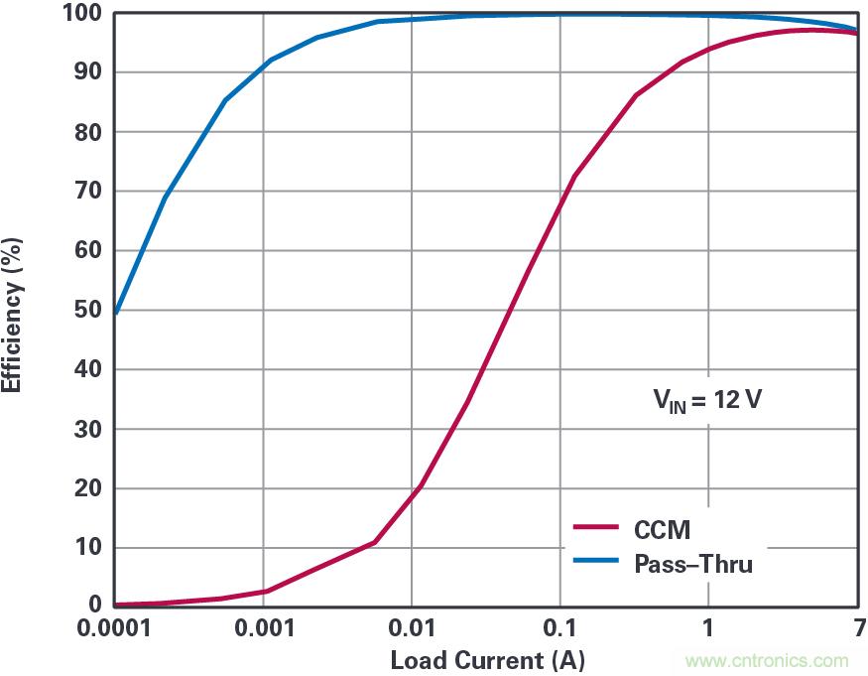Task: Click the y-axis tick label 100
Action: coord(82,13)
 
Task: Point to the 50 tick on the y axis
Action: coord(87,310)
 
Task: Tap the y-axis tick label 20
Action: coord(87,488)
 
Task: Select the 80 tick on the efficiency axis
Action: coord(87,132)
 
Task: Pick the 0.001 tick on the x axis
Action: coord(263,629)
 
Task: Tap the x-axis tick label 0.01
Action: coord(411,629)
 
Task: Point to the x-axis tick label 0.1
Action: coord(559,629)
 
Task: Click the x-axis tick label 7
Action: coord(855,629)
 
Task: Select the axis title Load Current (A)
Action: coord(487,660)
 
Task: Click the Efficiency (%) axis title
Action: coord(13,310)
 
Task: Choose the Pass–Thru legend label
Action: coord(692,565)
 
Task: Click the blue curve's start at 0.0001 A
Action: coord(116,313)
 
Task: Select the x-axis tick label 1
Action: coord(707,629)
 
